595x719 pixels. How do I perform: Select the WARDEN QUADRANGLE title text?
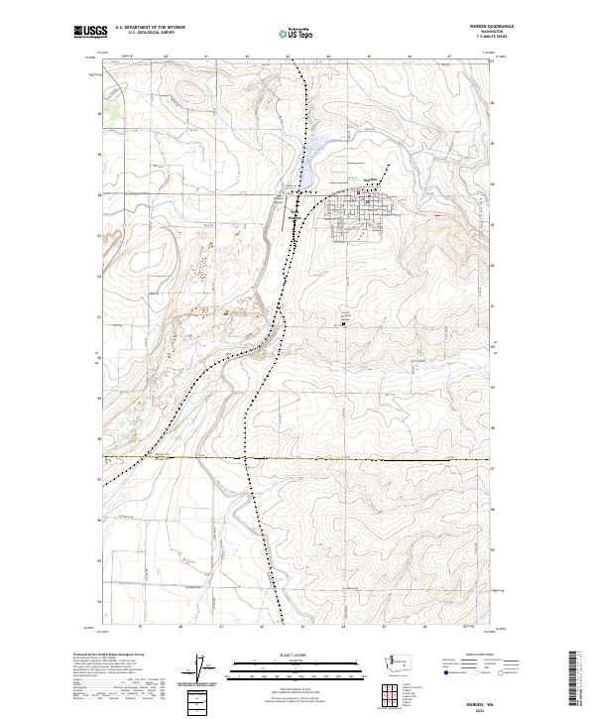pos(477,27)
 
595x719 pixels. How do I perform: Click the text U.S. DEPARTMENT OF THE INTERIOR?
pos(151,28)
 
